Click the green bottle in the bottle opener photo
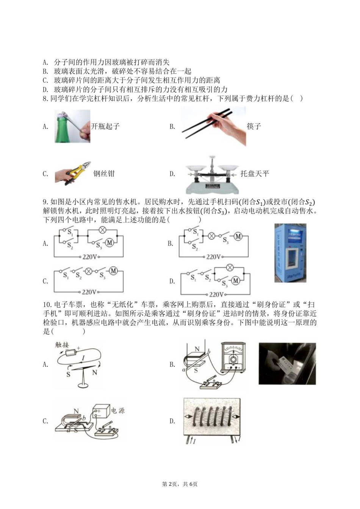click(x=62, y=129)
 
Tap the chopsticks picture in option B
click(x=213, y=126)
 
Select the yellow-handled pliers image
click(x=73, y=173)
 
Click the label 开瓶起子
click(x=105, y=127)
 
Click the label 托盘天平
click(x=255, y=174)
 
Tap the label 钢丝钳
click(x=104, y=174)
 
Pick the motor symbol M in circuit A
click(x=110, y=243)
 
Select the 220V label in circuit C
click(x=89, y=292)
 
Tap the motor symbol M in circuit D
click(x=236, y=281)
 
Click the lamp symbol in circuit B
click(x=211, y=236)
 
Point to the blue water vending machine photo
click(x=290, y=253)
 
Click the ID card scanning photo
click(x=287, y=364)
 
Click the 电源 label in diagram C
click(x=118, y=410)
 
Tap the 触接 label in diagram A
click(x=62, y=345)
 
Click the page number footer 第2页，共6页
click(x=180, y=484)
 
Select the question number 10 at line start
click(x=47, y=305)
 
